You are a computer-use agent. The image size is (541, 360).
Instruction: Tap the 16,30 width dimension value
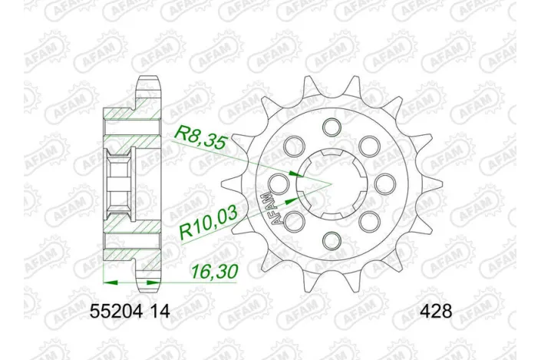click(209, 272)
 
